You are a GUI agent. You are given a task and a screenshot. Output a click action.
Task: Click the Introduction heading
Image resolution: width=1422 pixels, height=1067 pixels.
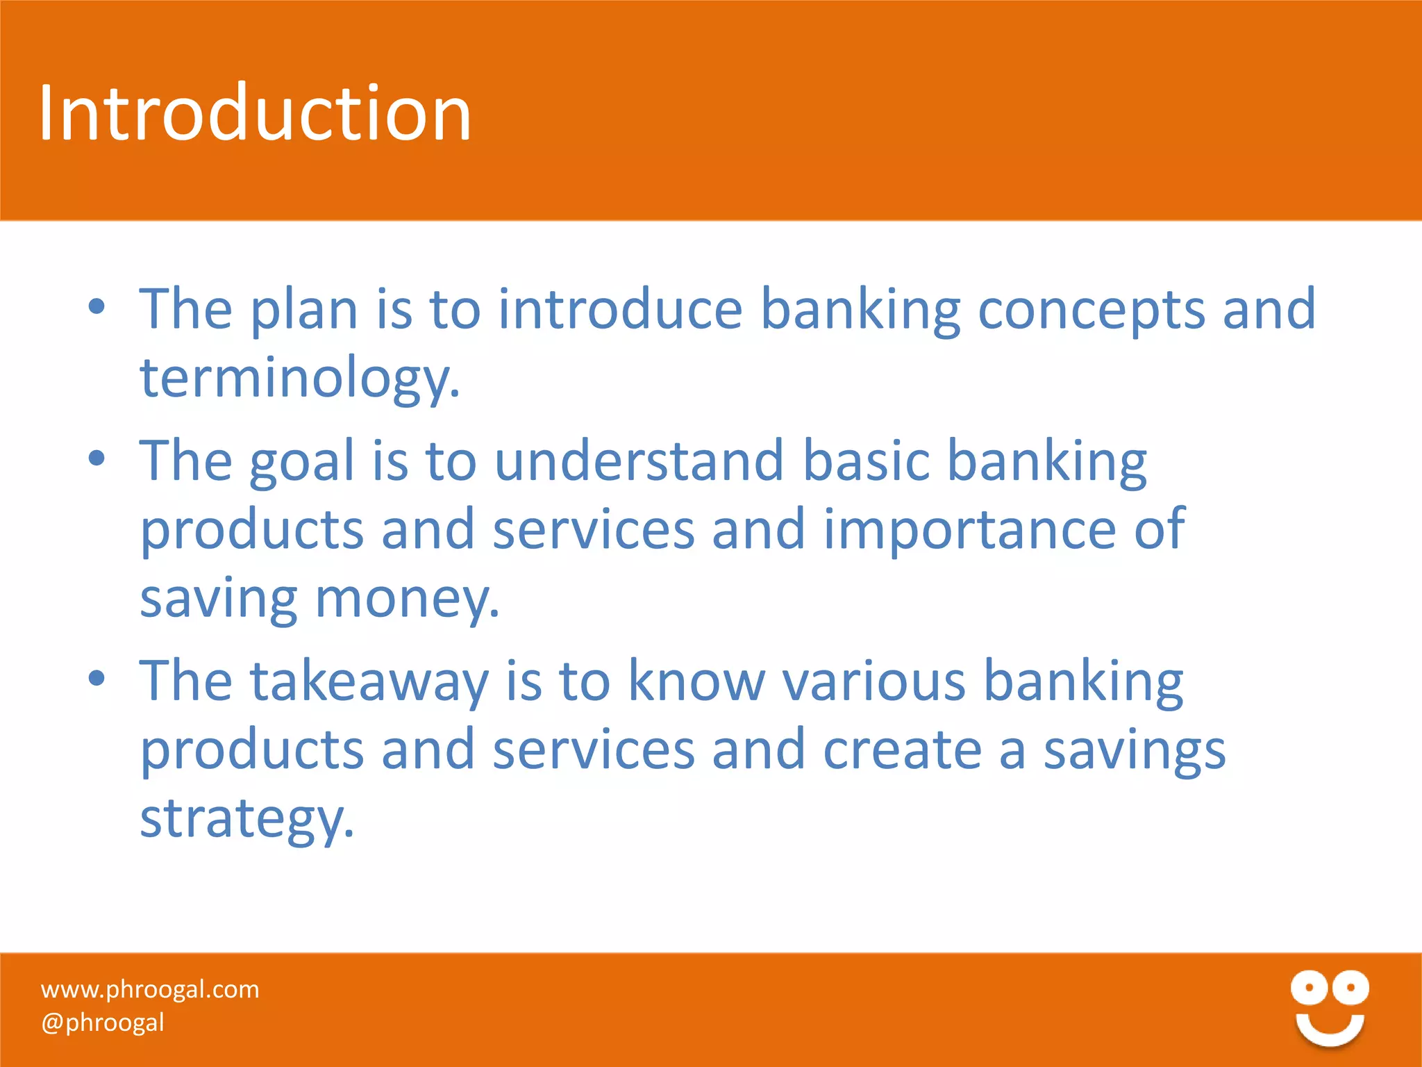click(255, 113)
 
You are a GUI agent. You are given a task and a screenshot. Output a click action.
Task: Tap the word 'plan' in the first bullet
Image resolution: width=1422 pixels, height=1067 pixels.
click(303, 310)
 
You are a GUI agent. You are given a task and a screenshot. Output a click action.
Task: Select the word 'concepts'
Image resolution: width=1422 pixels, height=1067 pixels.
click(1091, 310)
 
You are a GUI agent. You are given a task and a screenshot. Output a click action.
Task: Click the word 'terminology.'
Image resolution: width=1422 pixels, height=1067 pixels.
click(300, 379)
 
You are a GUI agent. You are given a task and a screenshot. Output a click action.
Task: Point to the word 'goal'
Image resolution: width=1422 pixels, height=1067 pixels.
click(302, 462)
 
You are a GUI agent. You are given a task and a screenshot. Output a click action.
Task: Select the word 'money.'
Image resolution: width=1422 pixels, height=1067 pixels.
click(408, 599)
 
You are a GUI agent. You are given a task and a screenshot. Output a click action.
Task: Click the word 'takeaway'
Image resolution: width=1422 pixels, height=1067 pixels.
click(369, 681)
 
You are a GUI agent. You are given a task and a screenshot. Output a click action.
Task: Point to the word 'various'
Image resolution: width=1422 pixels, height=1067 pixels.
click(874, 681)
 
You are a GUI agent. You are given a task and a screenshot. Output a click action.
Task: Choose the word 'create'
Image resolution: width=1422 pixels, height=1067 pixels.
click(902, 750)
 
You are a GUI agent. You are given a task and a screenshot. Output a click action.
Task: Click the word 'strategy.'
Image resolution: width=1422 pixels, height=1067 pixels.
click(247, 820)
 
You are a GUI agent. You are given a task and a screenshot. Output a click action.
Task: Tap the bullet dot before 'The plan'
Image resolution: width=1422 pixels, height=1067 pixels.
click(97, 306)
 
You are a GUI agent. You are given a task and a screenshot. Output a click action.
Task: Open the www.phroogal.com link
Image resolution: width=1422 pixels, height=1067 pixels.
click(150, 989)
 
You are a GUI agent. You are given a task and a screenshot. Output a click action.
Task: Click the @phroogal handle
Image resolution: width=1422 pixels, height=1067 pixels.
click(103, 1023)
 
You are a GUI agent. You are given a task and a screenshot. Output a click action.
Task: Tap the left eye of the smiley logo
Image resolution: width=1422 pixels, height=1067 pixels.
click(1310, 987)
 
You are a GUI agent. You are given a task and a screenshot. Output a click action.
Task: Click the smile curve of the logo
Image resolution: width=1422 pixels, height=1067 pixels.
click(1330, 1030)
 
